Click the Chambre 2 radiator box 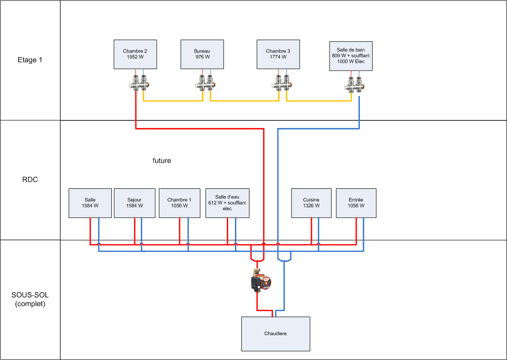click(135, 54)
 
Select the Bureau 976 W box click(202, 54)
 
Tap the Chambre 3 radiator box click(278, 54)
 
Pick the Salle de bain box click(351, 56)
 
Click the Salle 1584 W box click(90, 203)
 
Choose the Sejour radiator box click(134, 203)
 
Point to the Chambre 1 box click(179, 203)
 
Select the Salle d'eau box click(227, 203)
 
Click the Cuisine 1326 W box click(311, 203)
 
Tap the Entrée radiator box click(356, 203)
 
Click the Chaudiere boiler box click(275, 334)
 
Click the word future click(162, 161)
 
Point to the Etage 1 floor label click(30, 60)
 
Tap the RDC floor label click(30, 180)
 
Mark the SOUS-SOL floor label click(30, 299)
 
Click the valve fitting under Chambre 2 click(139, 84)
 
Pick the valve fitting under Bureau click(206, 84)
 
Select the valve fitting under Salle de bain click(355, 84)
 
